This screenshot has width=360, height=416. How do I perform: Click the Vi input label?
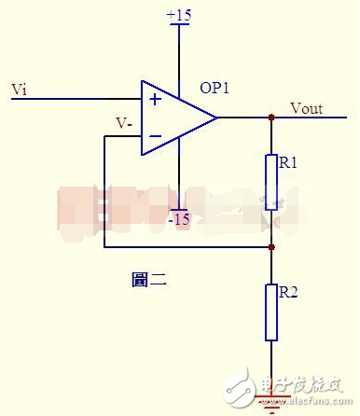[19, 90]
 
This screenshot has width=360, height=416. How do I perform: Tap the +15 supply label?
[177, 16]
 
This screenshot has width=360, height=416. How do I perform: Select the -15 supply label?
[177, 219]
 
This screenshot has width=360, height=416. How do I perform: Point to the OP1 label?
[215, 88]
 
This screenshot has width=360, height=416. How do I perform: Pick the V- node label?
[123, 122]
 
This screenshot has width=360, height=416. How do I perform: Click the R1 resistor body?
[271, 183]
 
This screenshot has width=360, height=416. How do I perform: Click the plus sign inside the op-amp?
[154, 97]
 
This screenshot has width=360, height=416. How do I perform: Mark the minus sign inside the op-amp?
[154, 137]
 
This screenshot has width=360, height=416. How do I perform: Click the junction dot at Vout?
[271, 118]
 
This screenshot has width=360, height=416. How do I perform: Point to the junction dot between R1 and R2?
[271, 247]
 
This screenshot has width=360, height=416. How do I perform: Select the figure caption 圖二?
[149, 278]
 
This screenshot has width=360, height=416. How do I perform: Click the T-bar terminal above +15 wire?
[177, 26]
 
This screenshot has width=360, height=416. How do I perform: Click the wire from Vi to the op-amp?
[75, 97]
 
